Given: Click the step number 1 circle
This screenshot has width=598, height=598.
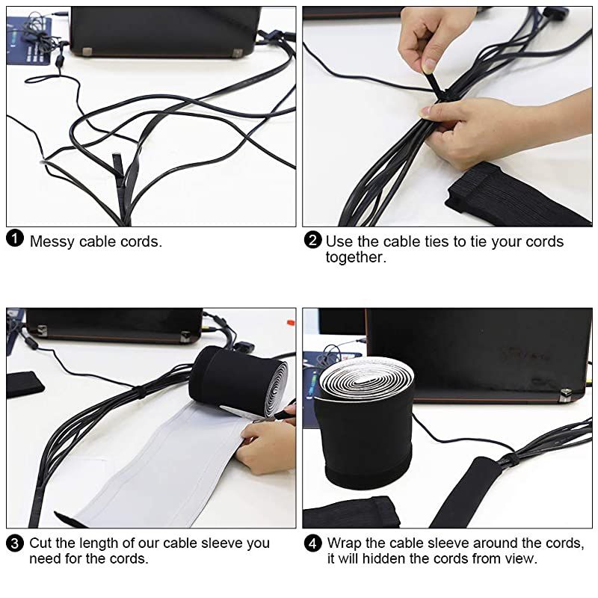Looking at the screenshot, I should point(15,241).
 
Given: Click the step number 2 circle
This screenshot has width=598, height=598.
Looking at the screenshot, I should point(313,241).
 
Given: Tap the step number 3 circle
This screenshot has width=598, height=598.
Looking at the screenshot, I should point(15,543).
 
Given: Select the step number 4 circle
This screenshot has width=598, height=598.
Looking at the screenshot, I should point(313,543).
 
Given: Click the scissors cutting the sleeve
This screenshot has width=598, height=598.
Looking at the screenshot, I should point(258,413).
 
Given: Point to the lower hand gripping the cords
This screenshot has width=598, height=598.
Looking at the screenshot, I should point(478,131).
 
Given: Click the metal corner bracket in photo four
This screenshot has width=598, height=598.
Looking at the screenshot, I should point(567,394).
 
